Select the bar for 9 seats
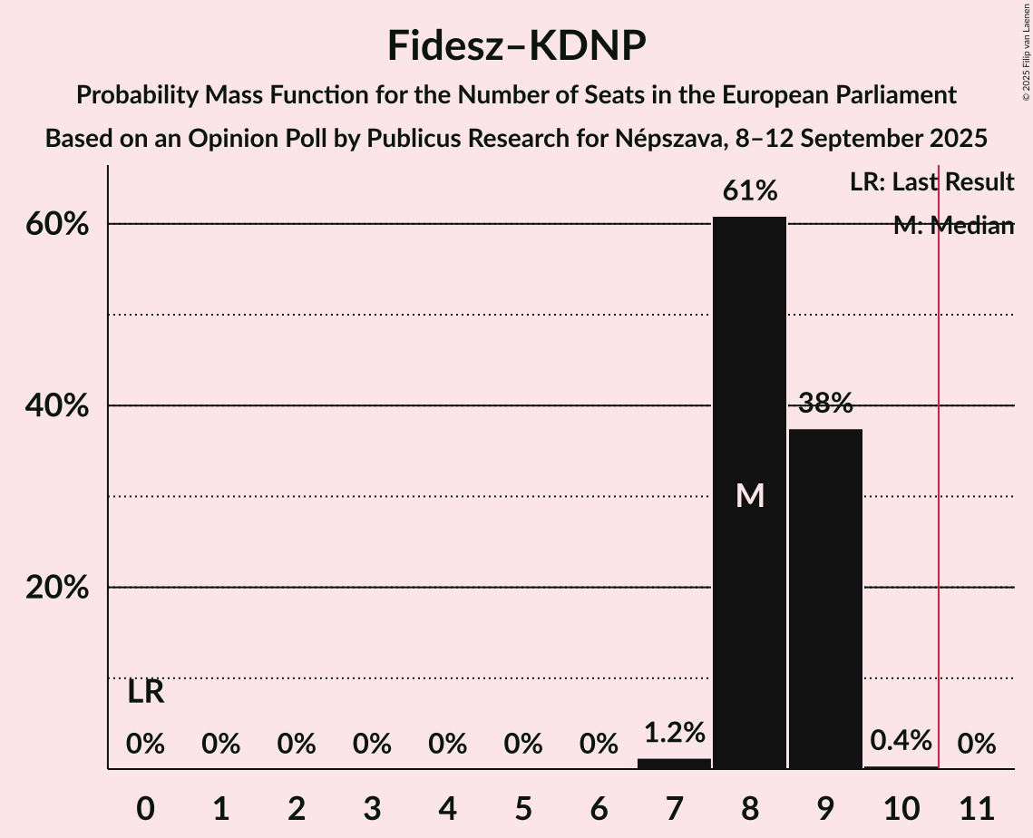(825, 599)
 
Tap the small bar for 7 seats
(674, 764)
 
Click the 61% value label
(749, 191)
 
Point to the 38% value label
(825, 404)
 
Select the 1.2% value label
(674, 733)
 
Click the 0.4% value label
(901, 741)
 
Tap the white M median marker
(750, 495)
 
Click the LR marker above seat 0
(145, 693)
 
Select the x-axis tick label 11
(976, 807)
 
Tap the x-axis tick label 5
(522, 807)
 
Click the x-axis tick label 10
(901, 807)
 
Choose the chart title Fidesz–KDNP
(516, 45)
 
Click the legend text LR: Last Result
(931, 182)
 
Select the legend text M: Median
(952, 226)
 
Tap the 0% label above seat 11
(976, 745)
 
